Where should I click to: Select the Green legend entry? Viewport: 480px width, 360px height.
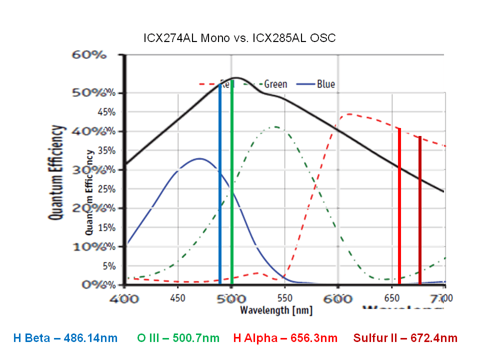pyautogui.click(x=275, y=84)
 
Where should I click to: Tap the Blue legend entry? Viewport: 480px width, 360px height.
pyautogui.click(x=325, y=84)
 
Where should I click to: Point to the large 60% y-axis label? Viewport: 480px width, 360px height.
pyautogui.click(x=89, y=54)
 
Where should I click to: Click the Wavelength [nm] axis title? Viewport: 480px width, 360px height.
pyautogui.click(x=276, y=310)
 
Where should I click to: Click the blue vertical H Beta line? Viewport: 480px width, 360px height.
pyautogui.click(x=220, y=185)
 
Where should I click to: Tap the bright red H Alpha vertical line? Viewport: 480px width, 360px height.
pyautogui.click(x=399, y=205)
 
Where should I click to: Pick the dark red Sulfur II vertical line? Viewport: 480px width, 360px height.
pyautogui.click(x=420, y=210)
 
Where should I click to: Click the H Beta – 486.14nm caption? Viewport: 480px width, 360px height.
pyautogui.click(x=65, y=338)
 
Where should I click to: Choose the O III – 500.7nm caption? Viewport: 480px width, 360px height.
pyautogui.click(x=178, y=338)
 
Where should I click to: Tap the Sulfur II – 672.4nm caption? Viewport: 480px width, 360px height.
pyautogui.click(x=405, y=338)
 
